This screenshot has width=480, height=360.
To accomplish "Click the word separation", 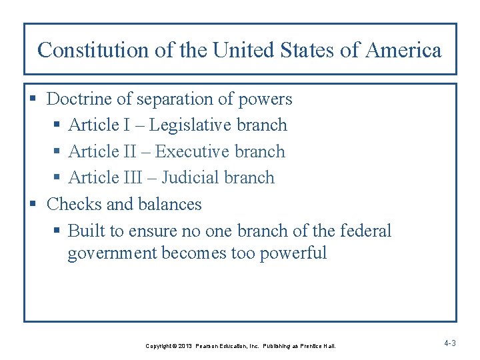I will (173, 99).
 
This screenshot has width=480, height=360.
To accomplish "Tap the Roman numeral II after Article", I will (137, 152).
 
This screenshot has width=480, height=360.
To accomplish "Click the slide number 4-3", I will (449, 343).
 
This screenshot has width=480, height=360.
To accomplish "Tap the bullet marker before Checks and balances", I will (36, 205).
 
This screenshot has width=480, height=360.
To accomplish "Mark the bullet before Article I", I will (58, 126).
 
